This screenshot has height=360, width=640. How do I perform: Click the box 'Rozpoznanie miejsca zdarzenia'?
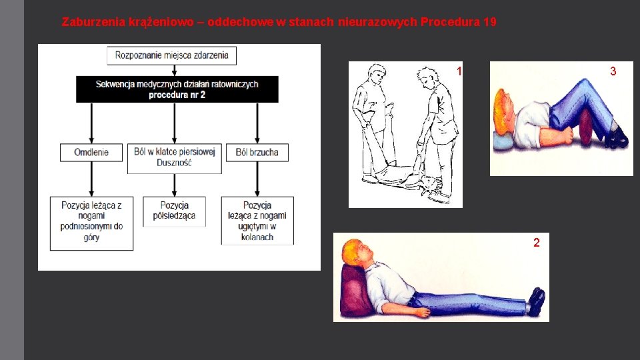(171, 55)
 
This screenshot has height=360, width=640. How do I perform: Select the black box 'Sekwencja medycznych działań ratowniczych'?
(177, 89)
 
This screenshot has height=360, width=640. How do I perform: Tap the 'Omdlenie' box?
(91, 152)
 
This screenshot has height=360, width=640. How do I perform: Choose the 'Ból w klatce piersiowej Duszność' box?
(174, 157)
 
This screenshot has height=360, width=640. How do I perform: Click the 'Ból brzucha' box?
(257, 152)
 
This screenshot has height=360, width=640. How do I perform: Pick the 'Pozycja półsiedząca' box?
(174, 211)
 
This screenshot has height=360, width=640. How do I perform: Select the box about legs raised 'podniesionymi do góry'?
(91, 221)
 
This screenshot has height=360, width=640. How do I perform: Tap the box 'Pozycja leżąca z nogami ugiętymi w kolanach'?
(257, 221)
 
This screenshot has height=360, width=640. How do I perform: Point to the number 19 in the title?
(489, 22)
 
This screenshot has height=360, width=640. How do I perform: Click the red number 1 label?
(459, 71)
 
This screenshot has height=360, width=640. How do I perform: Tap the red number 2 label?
(536, 243)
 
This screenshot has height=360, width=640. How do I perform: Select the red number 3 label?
(613, 71)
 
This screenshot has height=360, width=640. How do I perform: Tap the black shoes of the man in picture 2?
(535, 301)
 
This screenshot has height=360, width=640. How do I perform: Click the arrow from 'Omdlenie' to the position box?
(91, 178)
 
